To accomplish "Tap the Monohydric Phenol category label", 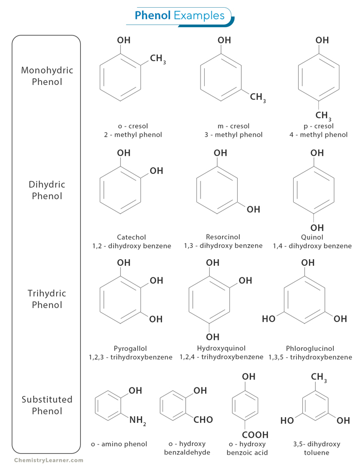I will coord(47,76).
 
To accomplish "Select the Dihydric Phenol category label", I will coord(47,190).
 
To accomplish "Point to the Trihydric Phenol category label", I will coord(47,299).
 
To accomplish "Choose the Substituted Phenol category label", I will coord(47,405).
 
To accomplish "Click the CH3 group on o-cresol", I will coord(158,59).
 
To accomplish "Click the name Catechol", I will coord(131,237).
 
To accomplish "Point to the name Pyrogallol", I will coord(131,348).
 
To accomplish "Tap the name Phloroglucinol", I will coord(310,348).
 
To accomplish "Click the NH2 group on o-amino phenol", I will coord(138,420).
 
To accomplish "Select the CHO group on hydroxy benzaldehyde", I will coord(203,420).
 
